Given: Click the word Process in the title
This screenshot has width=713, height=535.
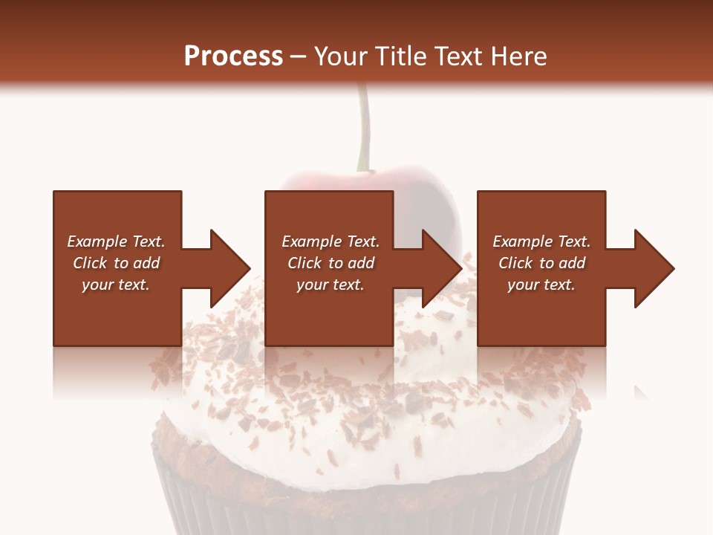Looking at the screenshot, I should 233,56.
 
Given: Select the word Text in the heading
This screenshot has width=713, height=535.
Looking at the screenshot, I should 456,56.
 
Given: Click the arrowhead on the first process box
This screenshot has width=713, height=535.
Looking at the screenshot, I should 227,268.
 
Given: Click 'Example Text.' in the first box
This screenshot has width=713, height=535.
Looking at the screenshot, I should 116,241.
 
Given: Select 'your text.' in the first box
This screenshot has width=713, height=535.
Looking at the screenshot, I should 116,285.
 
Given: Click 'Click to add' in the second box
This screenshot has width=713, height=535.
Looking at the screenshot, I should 331,263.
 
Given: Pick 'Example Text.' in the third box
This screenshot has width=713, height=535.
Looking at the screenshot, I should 541,241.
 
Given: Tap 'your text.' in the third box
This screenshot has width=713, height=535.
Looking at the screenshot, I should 541,285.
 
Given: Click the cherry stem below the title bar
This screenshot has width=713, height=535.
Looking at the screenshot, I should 362,126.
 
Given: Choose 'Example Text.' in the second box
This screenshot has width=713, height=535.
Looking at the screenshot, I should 331,241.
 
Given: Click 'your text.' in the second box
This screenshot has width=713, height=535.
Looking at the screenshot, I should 331,285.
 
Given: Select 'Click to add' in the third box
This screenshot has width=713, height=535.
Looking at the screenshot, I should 541,263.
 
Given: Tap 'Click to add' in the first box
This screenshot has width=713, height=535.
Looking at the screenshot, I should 116,263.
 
